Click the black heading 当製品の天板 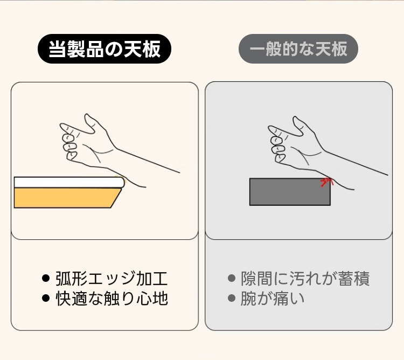[105, 49]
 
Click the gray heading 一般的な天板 [298, 49]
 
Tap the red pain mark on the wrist [326, 182]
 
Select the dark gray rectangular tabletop [290, 192]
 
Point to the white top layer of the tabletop [69, 182]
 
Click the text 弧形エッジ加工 [112, 279]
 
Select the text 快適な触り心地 [112, 299]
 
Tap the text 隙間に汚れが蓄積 [305, 279]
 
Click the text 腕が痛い [273, 299]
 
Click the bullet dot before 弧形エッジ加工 [45, 278]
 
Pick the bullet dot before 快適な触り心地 [45, 298]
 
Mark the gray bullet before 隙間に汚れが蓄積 [232, 278]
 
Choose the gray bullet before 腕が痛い [232, 298]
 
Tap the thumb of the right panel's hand [300, 126]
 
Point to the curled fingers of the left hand [69, 143]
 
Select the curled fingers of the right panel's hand [277, 146]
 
